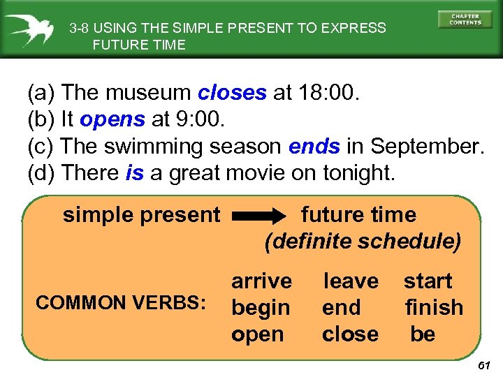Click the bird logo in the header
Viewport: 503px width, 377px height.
click(x=30, y=29)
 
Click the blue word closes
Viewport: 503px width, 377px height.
click(x=232, y=93)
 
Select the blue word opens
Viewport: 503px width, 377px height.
click(x=112, y=119)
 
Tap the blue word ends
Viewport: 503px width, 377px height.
click(x=314, y=147)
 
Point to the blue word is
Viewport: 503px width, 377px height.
click(x=134, y=174)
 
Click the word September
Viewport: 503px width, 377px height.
click(x=426, y=147)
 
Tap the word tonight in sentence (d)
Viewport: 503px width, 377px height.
click(x=358, y=174)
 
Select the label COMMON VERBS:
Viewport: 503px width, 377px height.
click(x=121, y=303)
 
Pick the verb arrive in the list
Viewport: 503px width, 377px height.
click(x=261, y=281)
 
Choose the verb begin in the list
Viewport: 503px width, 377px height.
click(x=261, y=308)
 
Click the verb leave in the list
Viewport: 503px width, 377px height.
click(x=350, y=281)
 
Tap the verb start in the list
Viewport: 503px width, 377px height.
click(x=428, y=281)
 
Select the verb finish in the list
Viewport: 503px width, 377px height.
click(x=434, y=308)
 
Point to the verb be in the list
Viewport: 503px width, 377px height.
click(x=423, y=334)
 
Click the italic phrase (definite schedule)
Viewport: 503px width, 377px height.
click(x=363, y=242)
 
